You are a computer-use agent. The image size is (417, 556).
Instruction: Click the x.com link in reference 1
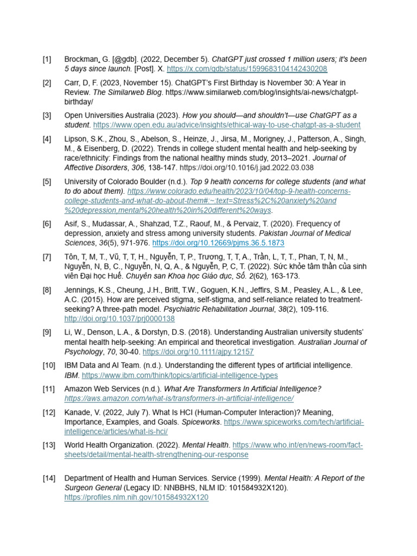[x=247, y=69]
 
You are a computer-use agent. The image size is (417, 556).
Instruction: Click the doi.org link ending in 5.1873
[x=218, y=243]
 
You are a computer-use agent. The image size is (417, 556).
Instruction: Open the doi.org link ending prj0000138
[x=119, y=319]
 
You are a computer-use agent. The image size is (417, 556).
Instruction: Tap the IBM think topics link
[x=180, y=375]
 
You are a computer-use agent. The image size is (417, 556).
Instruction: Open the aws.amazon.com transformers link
[x=179, y=399]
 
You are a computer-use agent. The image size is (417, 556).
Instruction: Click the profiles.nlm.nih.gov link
[x=136, y=497]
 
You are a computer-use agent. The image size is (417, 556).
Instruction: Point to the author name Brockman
[x=80, y=59]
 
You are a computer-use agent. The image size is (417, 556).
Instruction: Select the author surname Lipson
[x=77, y=138]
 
